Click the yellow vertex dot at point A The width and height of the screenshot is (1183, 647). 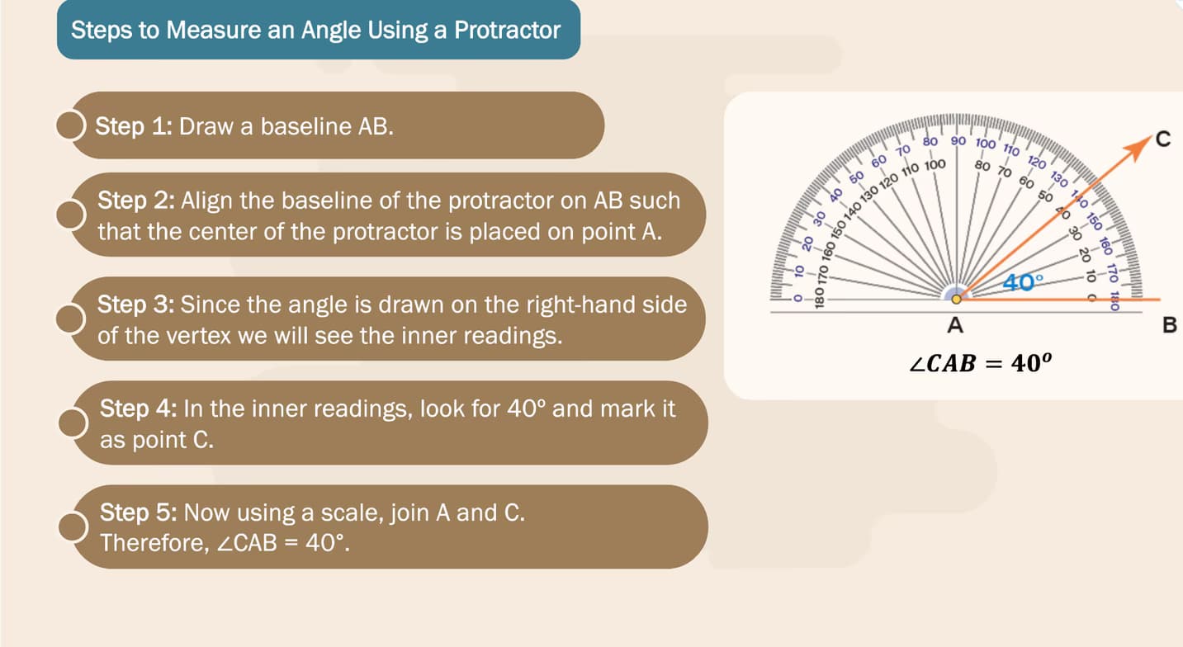click(956, 300)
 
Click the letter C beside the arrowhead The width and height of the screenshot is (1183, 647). click(1163, 139)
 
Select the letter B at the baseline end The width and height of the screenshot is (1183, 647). click(1169, 324)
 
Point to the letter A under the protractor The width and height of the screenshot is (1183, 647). click(955, 325)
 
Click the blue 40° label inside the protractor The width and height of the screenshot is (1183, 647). click(1024, 282)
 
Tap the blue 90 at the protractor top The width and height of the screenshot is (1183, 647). click(958, 141)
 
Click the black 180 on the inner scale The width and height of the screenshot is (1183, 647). click(819, 298)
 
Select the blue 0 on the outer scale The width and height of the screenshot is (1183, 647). click(798, 298)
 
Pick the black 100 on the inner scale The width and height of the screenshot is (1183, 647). click(935, 165)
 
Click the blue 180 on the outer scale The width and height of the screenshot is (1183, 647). click(1114, 301)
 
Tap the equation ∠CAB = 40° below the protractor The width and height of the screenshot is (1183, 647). click(980, 363)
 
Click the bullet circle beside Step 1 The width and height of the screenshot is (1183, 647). click(70, 125)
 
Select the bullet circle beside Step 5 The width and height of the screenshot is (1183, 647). click(73, 527)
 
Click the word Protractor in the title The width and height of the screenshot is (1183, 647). click(508, 30)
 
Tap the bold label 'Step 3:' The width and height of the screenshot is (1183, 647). click(135, 305)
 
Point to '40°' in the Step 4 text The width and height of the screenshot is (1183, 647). click(526, 409)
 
